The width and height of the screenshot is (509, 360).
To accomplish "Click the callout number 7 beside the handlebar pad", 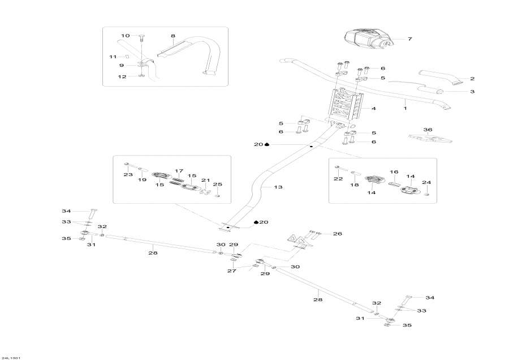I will click(x=410, y=39).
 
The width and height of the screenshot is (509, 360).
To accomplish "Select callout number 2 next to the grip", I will click(x=472, y=79).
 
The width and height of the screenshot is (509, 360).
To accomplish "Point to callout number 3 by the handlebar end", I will click(x=472, y=91).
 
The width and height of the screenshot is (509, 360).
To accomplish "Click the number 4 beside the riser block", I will click(x=374, y=108).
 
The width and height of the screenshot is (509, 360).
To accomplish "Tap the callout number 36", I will click(x=428, y=130).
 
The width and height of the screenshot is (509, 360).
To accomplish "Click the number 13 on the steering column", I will click(x=278, y=187).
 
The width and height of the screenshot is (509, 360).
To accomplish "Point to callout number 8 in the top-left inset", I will click(x=173, y=35).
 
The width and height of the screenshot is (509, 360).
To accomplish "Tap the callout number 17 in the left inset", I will click(x=179, y=170).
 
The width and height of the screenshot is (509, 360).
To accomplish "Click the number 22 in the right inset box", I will click(x=338, y=179).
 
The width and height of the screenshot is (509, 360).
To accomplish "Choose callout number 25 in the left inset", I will click(x=218, y=185).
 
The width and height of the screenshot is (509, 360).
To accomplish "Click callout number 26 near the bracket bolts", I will click(x=338, y=233).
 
